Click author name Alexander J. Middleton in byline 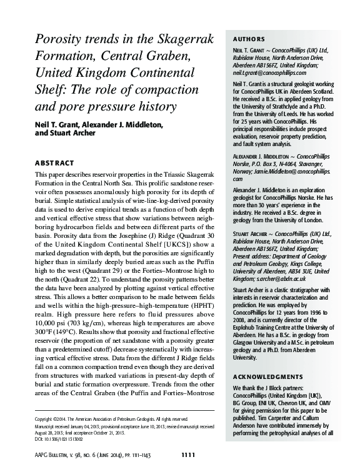(122, 125)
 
